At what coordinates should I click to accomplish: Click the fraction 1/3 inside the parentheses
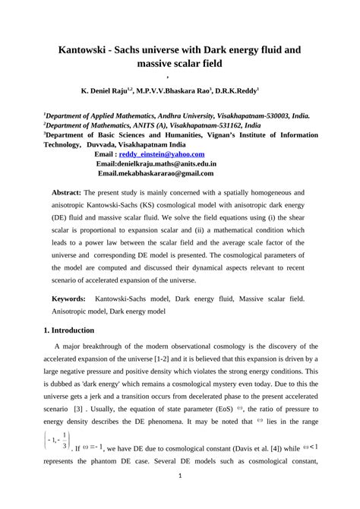[65, 440]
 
